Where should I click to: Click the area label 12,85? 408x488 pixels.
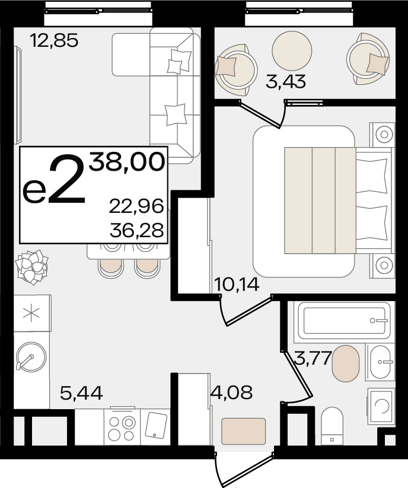coord(54,41)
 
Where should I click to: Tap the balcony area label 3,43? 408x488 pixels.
coord(286,82)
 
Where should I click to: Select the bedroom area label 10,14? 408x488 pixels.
coord(237,284)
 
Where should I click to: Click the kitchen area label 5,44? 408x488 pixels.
coord(81,393)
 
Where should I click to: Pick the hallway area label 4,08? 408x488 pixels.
coord(231,392)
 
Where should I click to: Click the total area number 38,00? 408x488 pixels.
coord(127,162)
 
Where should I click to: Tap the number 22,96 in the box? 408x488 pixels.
coord(136,206)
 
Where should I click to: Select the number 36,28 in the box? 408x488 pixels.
coord(136,230)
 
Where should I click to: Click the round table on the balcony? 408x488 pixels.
coord(292,51)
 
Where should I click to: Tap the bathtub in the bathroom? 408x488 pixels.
coord(344,320)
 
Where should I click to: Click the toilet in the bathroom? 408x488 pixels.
coord(332,426)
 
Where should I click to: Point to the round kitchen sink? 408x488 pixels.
coord(31,357)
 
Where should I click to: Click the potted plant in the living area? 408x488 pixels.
coord(32,267)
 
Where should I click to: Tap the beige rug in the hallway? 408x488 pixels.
coord(243,431)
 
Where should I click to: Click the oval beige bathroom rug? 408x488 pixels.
coord(346,363)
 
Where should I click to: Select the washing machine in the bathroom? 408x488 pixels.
coord(381,406)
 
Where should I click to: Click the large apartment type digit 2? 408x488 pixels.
coord(66,180)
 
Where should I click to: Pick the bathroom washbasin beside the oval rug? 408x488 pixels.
coord(380,362)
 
